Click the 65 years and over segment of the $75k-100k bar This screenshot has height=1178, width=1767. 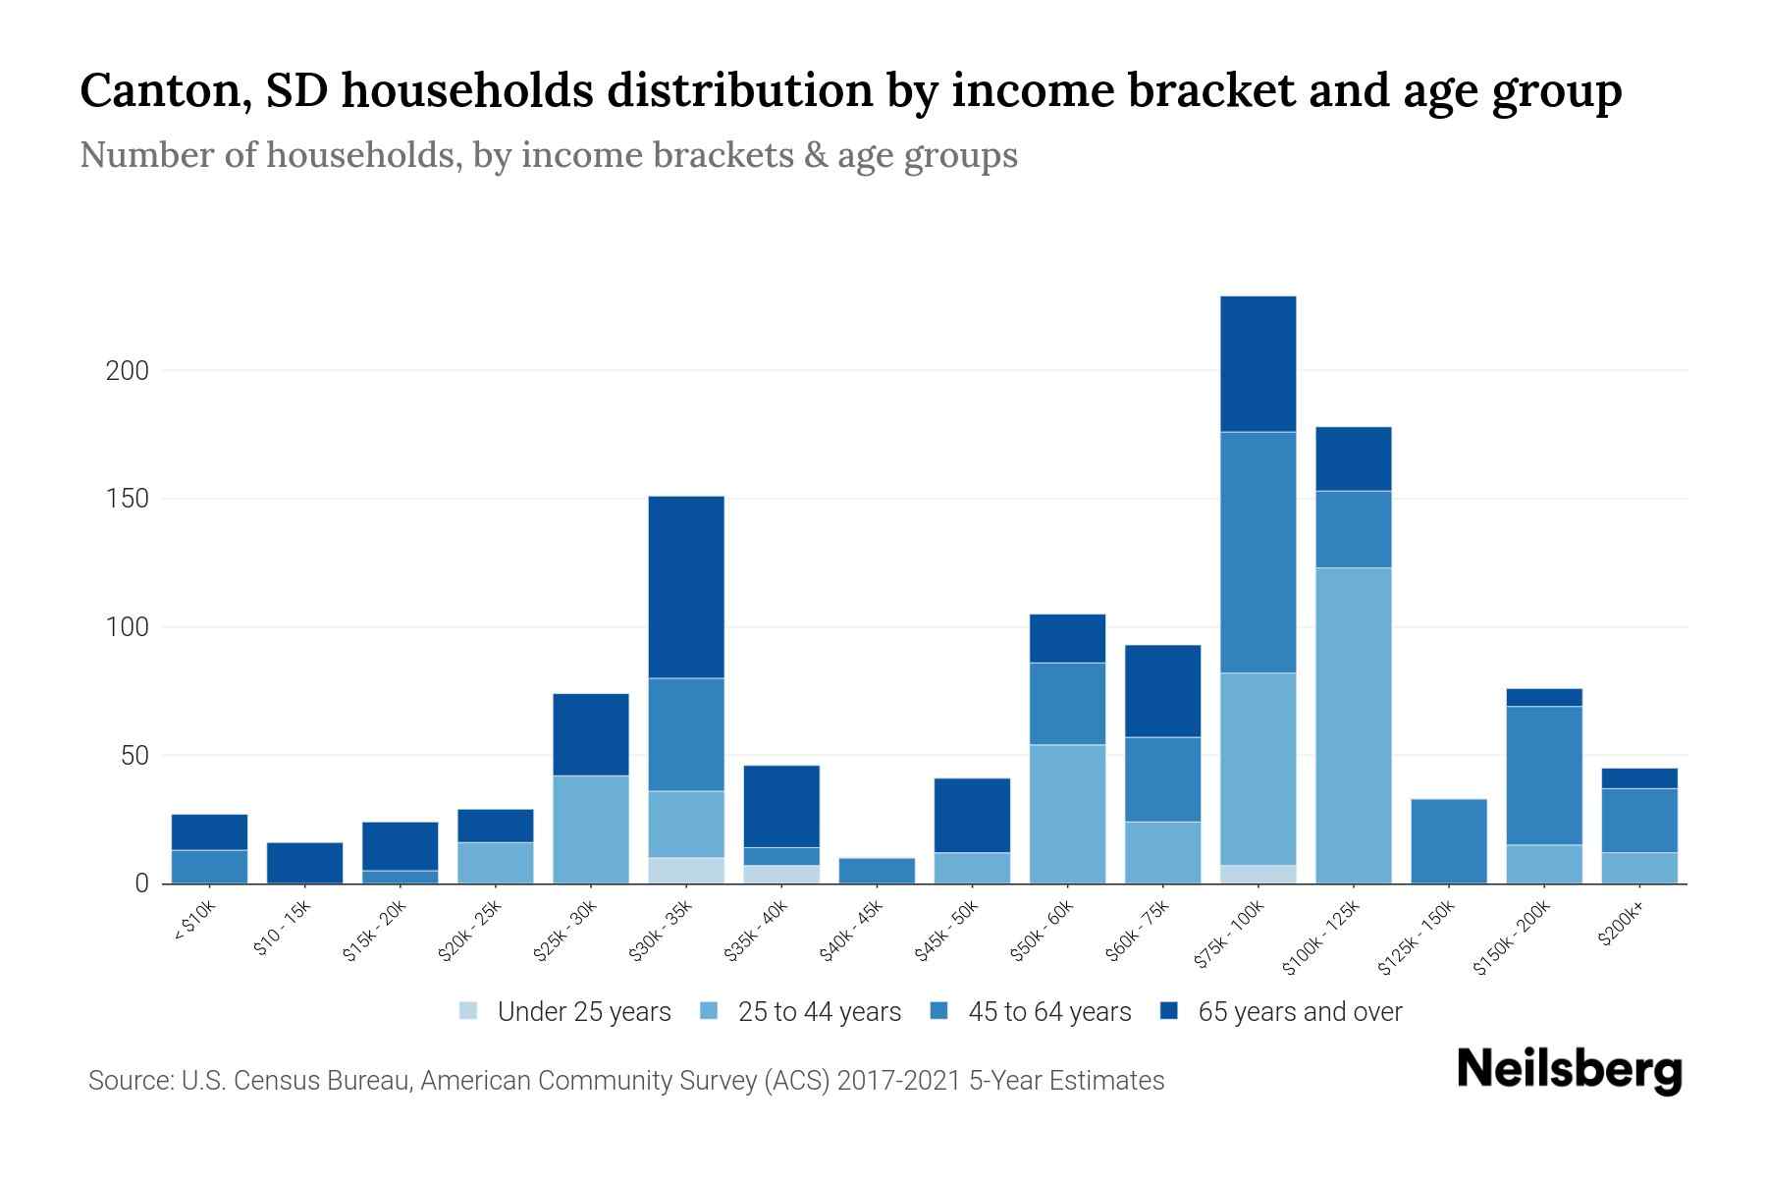pyautogui.click(x=1258, y=363)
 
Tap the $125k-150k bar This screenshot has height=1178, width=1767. pyautogui.click(x=1448, y=841)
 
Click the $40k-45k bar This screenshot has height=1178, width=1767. pyautogui.click(x=877, y=871)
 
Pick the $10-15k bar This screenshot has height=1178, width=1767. pyautogui.click(x=304, y=863)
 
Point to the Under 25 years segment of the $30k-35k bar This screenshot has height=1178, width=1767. pyautogui.click(x=686, y=871)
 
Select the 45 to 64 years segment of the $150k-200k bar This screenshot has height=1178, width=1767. pyautogui.click(x=1543, y=776)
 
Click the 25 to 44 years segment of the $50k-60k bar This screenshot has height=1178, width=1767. pyautogui.click(x=1067, y=814)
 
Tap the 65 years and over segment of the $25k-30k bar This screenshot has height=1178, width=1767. pyautogui.click(x=591, y=734)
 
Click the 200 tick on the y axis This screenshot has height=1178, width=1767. pyautogui.click(x=127, y=371)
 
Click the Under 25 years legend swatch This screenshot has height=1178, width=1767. pyautogui.click(x=468, y=1010)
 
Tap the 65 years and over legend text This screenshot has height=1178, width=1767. pyautogui.click(x=1300, y=1012)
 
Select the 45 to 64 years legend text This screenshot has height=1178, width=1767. pyautogui.click(x=1049, y=1012)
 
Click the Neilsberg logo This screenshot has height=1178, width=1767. pyautogui.click(x=1569, y=1070)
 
